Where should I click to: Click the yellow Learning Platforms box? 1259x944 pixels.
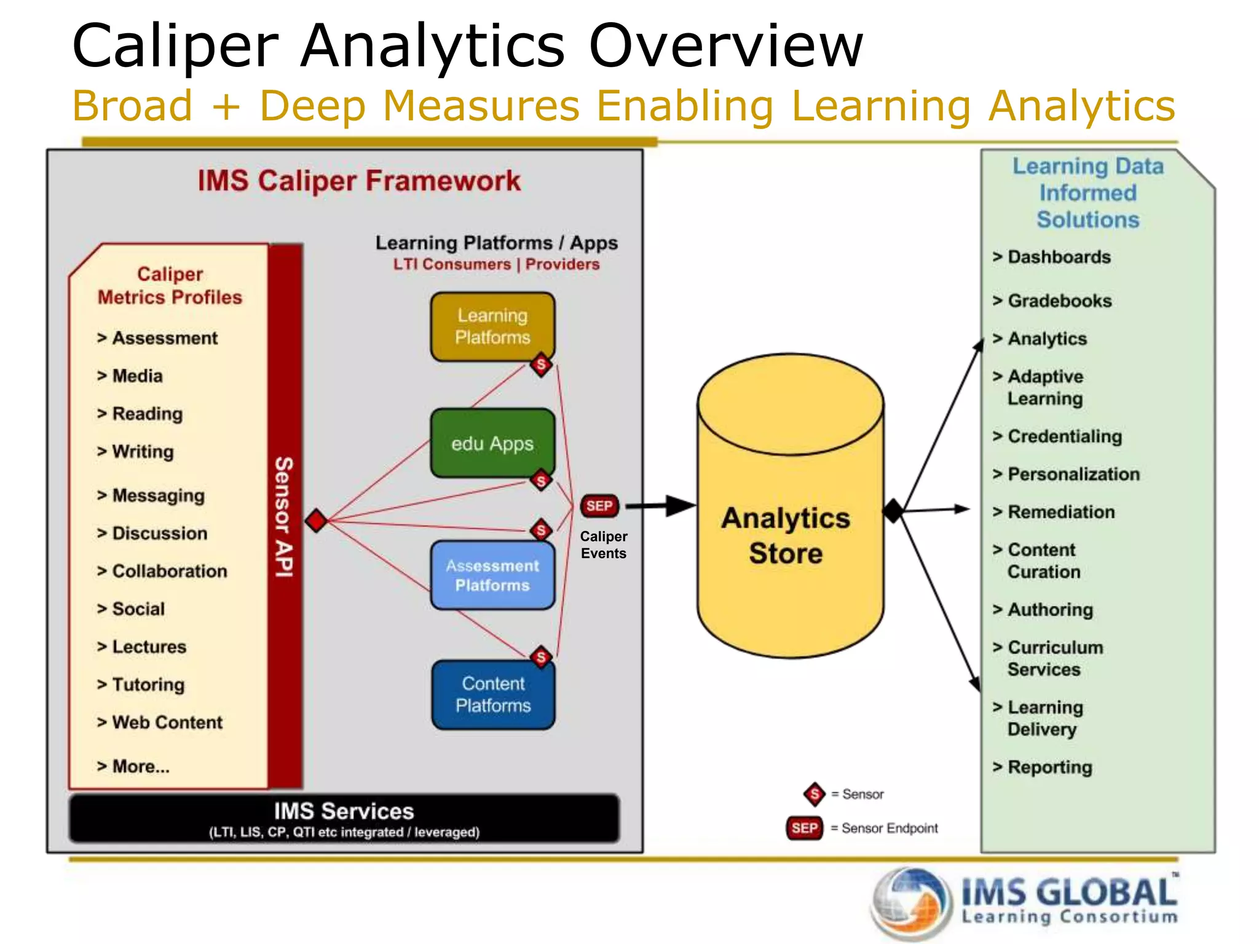tap(492, 326)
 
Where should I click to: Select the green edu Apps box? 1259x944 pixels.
tap(492, 443)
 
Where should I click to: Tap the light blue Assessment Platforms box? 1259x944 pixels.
tap(492, 575)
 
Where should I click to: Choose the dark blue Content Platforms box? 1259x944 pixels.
tap(493, 694)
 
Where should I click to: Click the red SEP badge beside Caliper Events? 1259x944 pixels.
tap(599, 506)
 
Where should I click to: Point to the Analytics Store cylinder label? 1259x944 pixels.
tap(786, 535)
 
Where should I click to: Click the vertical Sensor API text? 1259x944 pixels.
tap(284, 516)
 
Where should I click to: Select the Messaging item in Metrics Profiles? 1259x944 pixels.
tap(158, 495)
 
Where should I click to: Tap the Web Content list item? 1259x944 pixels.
tap(167, 722)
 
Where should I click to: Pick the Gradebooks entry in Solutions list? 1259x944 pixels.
tap(1059, 301)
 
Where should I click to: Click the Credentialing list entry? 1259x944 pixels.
tap(1064, 436)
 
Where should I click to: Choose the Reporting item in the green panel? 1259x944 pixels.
tap(1049, 767)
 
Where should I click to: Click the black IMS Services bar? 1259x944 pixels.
tap(344, 819)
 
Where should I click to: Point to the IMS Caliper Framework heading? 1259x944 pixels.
tap(359, 181)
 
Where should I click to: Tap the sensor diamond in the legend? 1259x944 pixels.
tap(815, 794)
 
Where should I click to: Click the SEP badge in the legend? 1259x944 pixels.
tap(804, 828)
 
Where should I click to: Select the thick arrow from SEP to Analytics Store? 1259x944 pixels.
tap(661, 506)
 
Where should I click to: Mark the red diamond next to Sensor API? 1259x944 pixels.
tap(316, 521)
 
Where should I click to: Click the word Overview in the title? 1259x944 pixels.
tap(726, 46)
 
